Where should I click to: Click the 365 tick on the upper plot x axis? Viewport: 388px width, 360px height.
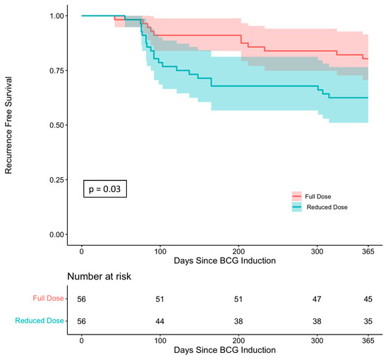tap(368, 252)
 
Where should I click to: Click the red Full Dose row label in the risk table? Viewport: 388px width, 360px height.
tap(47, 299)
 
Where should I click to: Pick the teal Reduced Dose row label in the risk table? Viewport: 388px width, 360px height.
tap(40, 321)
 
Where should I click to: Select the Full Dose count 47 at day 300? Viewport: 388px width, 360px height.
tap(317, 299)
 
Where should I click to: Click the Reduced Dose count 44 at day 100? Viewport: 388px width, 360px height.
tap(160, 322)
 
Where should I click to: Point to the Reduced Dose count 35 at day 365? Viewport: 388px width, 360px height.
tap(368, 322)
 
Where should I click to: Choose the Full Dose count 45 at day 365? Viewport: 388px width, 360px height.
tap(368, 299)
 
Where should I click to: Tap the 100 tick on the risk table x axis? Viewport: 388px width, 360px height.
tap(160, 340)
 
